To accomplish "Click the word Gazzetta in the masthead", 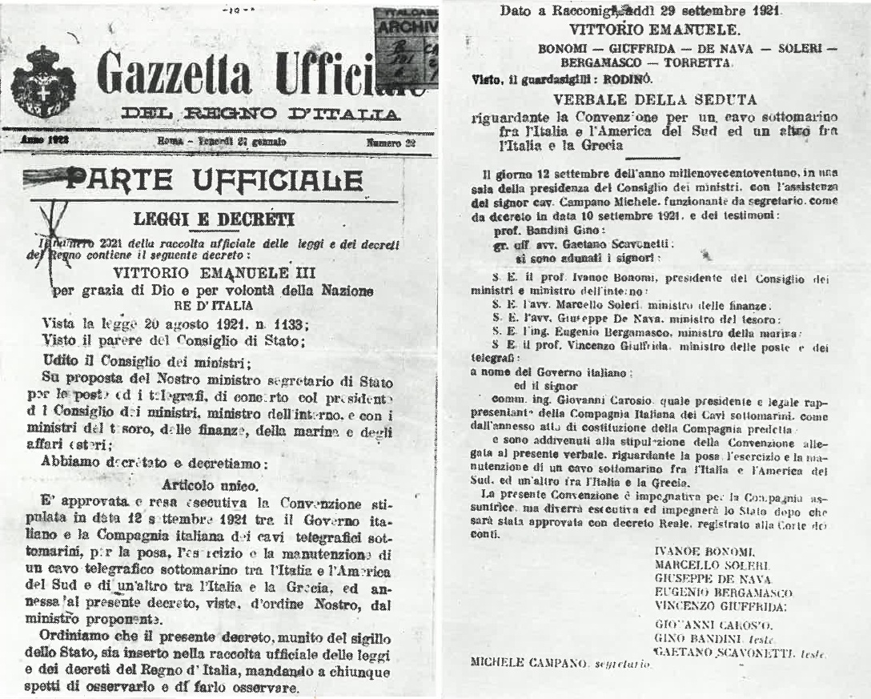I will pyautogui.click(x=177, y=78).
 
